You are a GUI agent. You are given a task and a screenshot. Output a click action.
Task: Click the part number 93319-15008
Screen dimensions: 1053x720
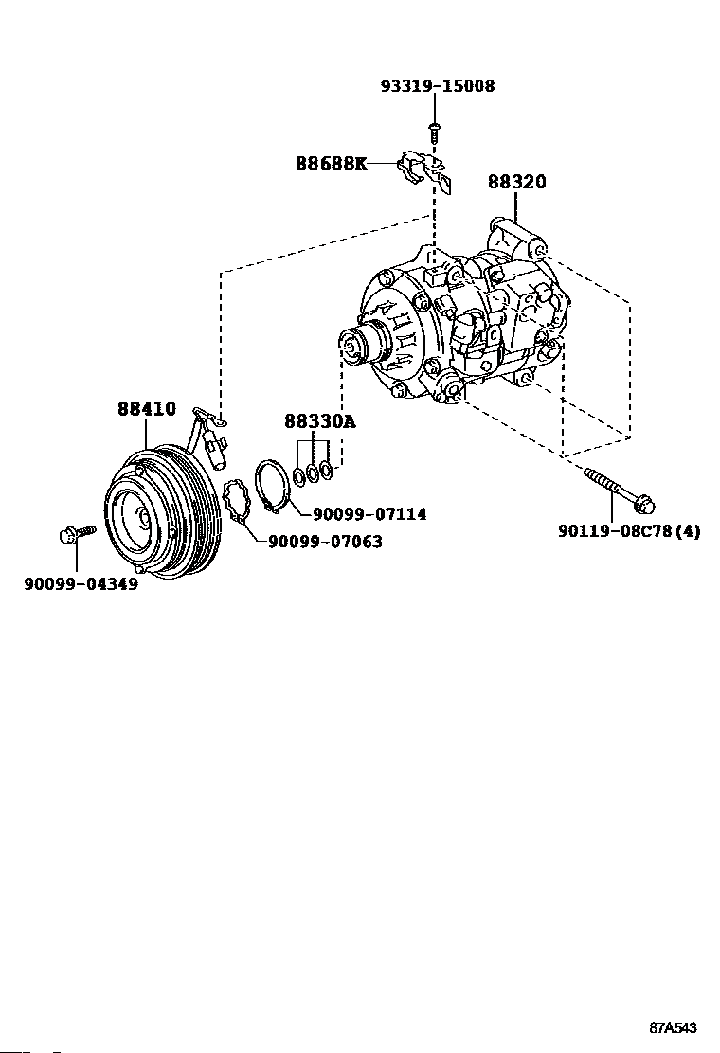click(x=437, y=86)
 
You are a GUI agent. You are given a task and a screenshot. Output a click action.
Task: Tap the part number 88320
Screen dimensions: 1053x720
click(x=516, y=182)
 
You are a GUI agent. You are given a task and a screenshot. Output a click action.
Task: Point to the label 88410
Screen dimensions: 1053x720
click(x=147, y=409)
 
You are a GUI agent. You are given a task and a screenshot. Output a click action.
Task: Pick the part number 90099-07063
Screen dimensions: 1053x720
click(x=325, y=543)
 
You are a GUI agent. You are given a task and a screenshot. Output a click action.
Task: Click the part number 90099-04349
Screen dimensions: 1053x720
click(x=81, y=584)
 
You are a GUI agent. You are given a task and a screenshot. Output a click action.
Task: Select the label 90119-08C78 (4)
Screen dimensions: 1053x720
click(x=629, y=531)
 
